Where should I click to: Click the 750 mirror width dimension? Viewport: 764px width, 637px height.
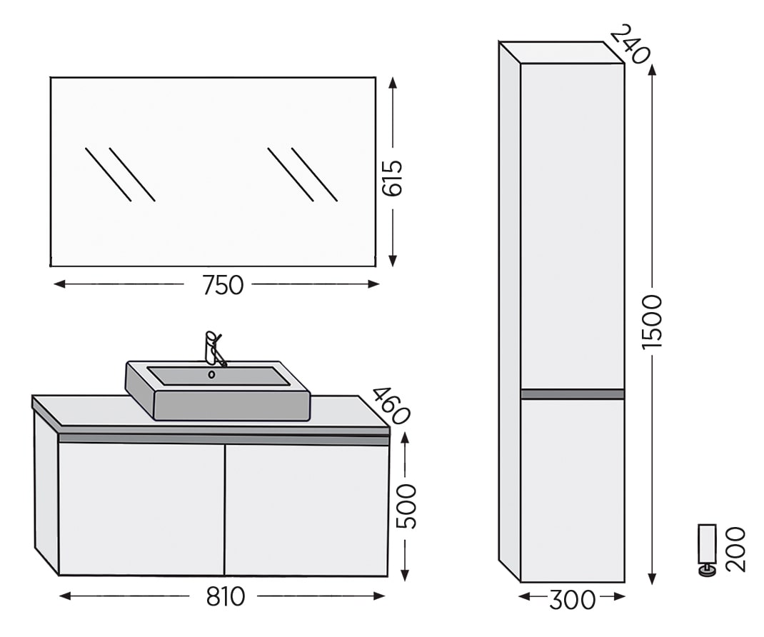point(223,285)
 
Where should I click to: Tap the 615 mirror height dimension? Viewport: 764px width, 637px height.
point(393,178)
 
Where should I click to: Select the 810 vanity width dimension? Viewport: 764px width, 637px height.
point(226,596)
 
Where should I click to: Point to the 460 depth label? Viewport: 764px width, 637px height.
point(391,406)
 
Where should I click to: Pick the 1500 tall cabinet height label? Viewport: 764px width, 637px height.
point(652,321)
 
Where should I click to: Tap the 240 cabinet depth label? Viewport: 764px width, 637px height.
point(630,44)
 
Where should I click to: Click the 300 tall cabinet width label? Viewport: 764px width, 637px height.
point(572,599)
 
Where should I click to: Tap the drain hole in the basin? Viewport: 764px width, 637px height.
point(211,374)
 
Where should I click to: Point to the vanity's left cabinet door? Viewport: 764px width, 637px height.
point(141,508)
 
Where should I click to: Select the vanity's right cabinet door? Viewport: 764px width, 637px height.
point(307,508)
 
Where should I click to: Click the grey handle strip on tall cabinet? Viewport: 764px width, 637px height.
point(572,393)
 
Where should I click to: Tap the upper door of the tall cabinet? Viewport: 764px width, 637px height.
point(572,225)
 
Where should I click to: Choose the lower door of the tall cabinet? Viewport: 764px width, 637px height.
point(572,489)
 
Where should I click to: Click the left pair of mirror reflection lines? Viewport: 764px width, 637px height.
point(120,174)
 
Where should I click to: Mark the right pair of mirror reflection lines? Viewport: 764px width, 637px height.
point(302,174)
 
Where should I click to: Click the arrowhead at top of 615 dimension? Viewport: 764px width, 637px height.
point(393,81)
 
